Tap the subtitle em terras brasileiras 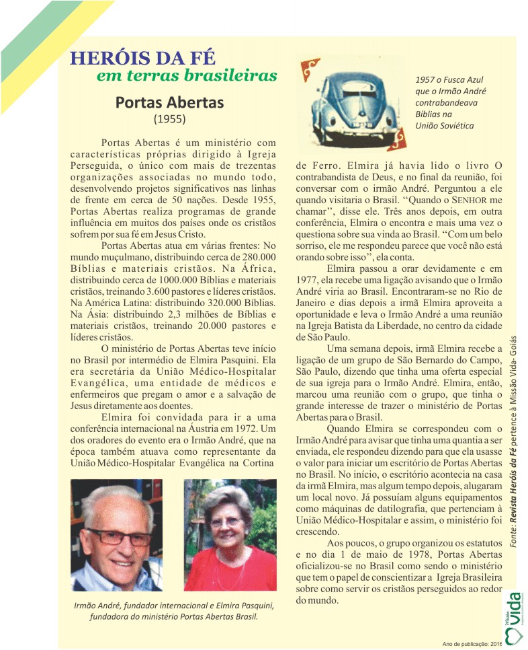[186, 75]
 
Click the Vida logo [512, 616]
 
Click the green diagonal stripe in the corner [30, 30]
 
